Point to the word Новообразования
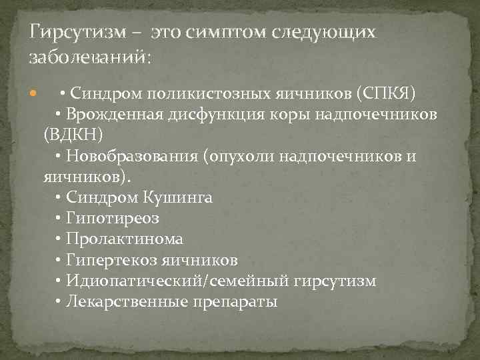(135, 156)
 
